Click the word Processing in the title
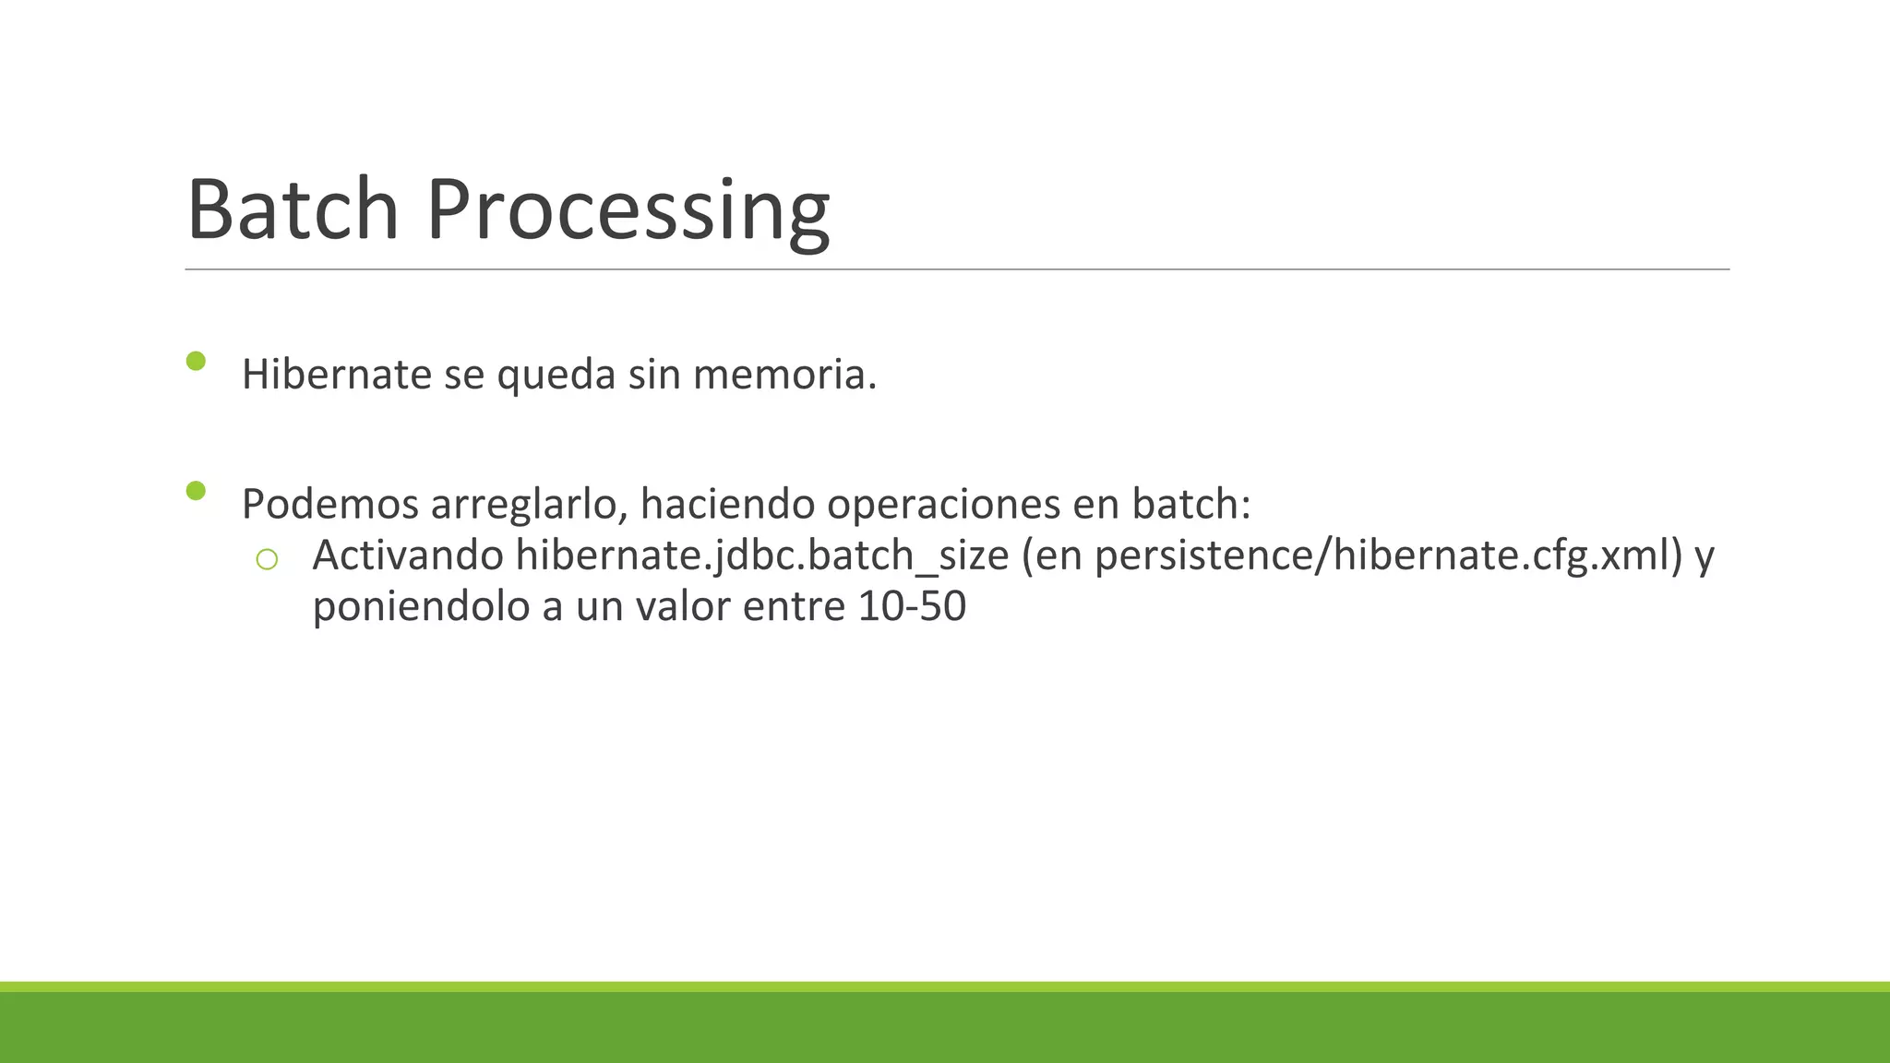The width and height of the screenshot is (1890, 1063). pos(628,212)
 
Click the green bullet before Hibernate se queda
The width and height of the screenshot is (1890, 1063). pos(196,361)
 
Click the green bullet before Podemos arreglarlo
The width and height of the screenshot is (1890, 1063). pos(196,490)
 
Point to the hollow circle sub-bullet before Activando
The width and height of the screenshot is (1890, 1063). pos(267,559)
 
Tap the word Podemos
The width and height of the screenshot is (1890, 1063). pos(329,505)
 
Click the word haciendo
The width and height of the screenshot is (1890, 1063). pos(727,505)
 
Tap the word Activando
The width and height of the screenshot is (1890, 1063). pos(408,555)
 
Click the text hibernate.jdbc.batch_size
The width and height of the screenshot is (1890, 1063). pos(762,555)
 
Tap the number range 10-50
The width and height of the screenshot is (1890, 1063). pos(912,607)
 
